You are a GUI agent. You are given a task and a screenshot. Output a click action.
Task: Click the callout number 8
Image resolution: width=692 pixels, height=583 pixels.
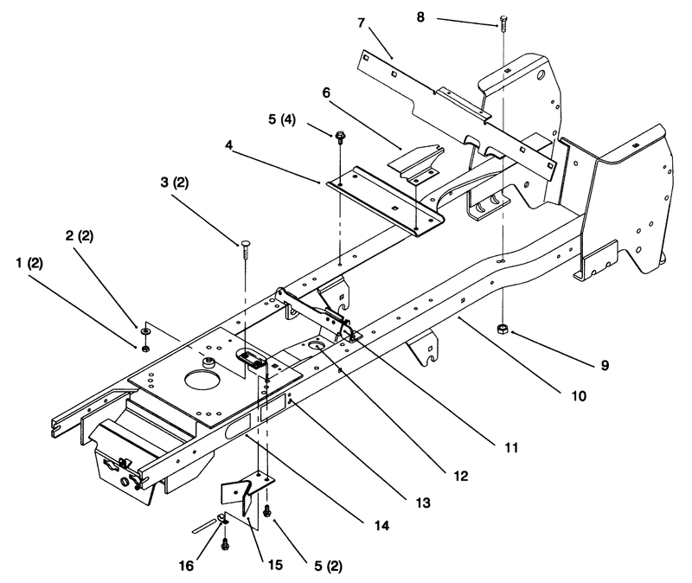(x=420, y=17)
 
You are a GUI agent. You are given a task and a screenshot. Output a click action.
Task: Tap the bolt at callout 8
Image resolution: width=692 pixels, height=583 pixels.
(x=503, y=23)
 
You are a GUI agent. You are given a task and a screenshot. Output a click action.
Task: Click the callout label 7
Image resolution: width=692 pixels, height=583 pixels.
(x=362, y=22)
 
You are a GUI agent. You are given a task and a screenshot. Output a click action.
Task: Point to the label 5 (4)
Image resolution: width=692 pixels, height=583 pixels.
(x=282, y=119)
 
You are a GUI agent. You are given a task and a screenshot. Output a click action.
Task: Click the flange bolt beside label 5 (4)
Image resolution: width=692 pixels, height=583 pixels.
(x=340, y=136)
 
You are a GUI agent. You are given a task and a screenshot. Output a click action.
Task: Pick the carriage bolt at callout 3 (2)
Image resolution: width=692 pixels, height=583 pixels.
(x=246, y=250)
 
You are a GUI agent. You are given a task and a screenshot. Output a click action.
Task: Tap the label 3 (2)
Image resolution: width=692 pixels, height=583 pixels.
(x=175, y=183)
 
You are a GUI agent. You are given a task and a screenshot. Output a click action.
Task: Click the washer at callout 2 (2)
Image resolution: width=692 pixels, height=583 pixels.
(x=145, y=330)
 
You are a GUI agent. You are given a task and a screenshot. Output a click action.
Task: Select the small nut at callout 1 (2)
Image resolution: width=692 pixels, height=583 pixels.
(x=145, y=349)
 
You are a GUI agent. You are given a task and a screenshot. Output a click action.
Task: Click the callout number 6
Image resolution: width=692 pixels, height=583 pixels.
(x=326, y=93)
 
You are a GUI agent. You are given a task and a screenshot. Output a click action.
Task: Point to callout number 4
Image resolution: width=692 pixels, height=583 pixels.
(x=228, y=145)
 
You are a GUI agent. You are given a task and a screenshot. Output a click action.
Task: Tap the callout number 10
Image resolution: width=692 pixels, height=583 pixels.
(x=579, y=396)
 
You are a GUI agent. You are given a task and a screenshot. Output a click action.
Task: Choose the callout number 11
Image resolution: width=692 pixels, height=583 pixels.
(x=510, y=448)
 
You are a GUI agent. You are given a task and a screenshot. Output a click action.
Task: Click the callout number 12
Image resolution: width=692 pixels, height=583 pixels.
(x=460, y=477)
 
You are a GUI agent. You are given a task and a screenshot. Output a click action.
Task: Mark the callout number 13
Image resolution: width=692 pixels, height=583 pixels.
(x=423, y=503)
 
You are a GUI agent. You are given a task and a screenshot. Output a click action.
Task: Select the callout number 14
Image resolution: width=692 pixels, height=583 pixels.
(x=381, y=526)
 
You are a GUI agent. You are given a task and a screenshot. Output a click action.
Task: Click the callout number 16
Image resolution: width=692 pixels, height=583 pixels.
(x=186, y=566)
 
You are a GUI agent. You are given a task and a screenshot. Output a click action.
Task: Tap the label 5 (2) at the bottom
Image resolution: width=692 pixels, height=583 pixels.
(x=328, y=567)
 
